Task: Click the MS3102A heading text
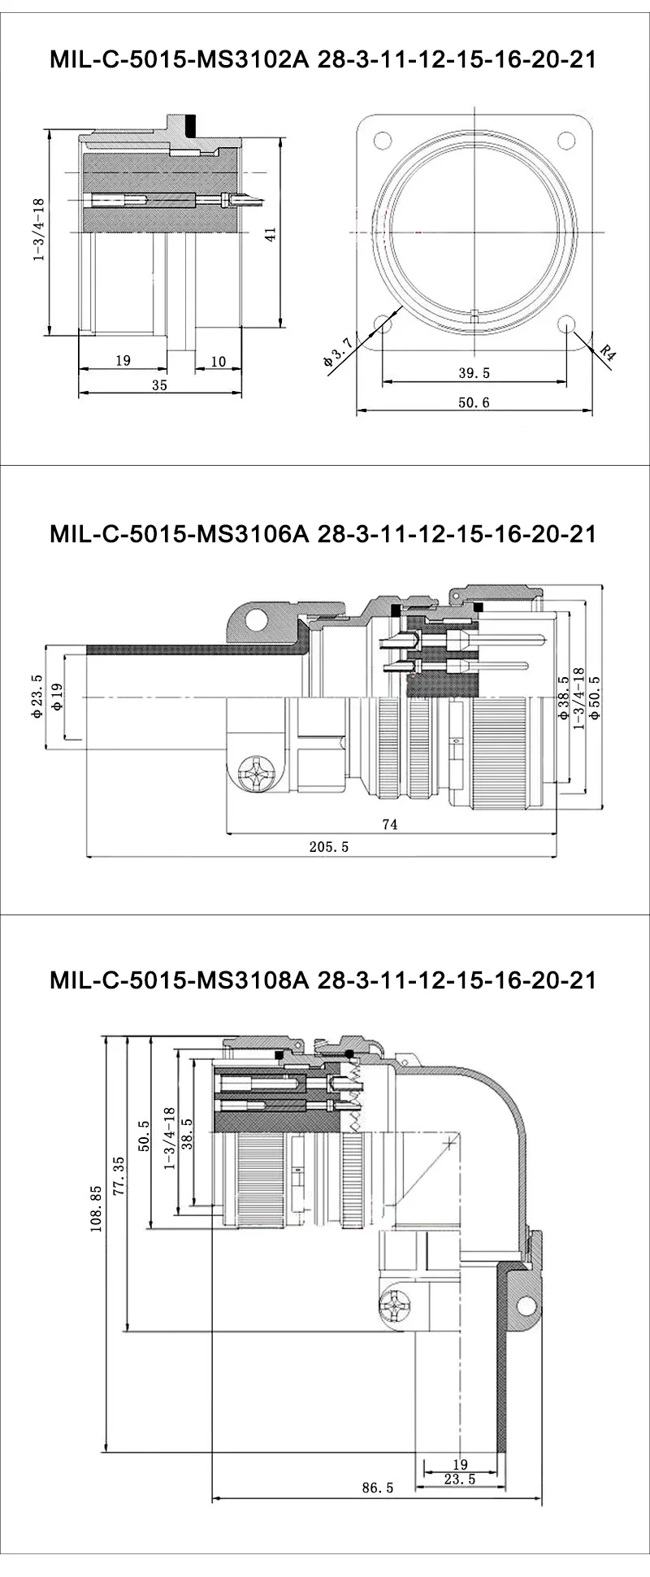[323, 60]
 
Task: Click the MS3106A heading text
[323, 533]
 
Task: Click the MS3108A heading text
[323, 980]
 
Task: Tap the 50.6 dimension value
[474, 402]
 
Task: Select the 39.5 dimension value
[474, 373]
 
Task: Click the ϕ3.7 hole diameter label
[337, 353]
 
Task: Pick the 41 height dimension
[271, 234]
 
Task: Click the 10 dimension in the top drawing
[218, 362]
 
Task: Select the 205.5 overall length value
[329, 846]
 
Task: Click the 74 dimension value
[389, 823]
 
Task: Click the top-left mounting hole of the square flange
[379, 139]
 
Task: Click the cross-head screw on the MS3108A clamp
[397, 1306]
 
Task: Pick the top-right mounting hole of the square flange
[567, 139]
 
